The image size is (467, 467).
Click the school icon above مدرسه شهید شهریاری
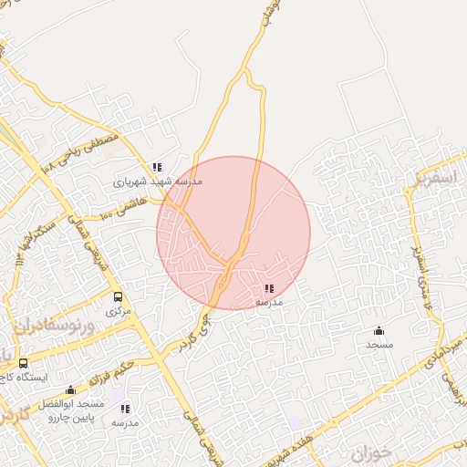(157, 168)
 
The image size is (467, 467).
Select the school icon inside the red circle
(268, 288)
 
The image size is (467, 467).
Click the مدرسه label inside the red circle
(268, 301)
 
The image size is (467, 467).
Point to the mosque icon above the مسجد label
(379, 330)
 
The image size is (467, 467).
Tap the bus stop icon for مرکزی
(118, 296)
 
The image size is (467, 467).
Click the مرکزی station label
(118, 311)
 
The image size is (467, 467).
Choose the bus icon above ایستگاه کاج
(23, 364)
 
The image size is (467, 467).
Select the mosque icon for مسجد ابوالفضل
(71, 390)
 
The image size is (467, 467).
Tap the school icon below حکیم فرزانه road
(125, 409)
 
